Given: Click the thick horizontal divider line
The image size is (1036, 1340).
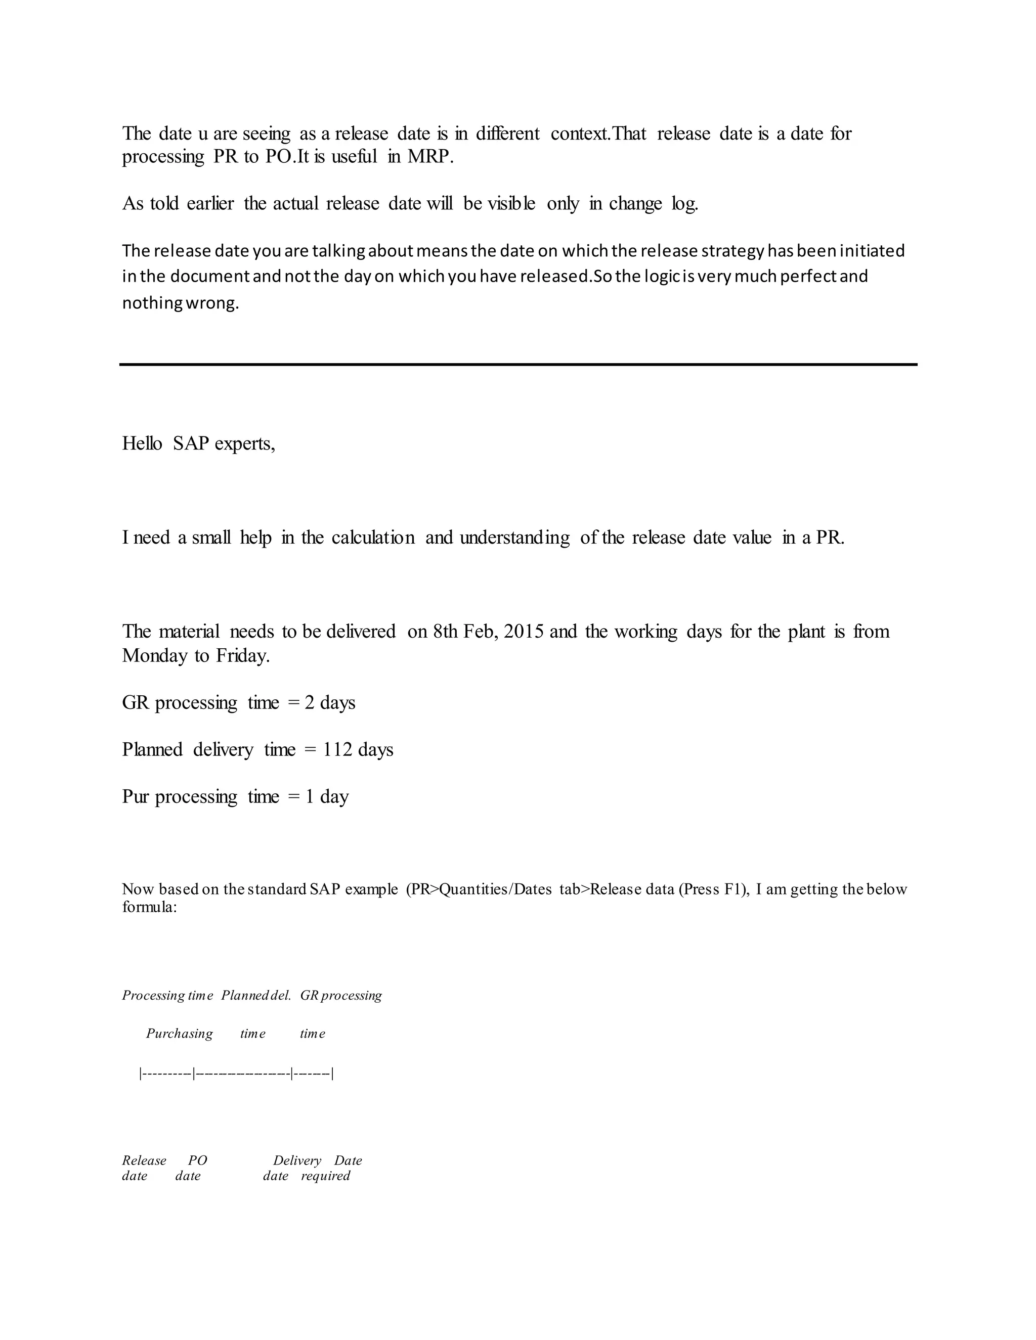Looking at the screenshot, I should click(518, 365).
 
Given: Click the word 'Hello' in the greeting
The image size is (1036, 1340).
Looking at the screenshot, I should click(142, 443).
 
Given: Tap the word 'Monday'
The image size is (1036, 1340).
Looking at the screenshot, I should click(155, 655).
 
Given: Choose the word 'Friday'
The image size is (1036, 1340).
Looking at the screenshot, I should click(242, 655).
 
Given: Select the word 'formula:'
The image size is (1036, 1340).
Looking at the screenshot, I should click(150, 907).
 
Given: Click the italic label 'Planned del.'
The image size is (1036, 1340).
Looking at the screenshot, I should click(256, 995).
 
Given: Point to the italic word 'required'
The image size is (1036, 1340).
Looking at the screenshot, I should click(325, 1176).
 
